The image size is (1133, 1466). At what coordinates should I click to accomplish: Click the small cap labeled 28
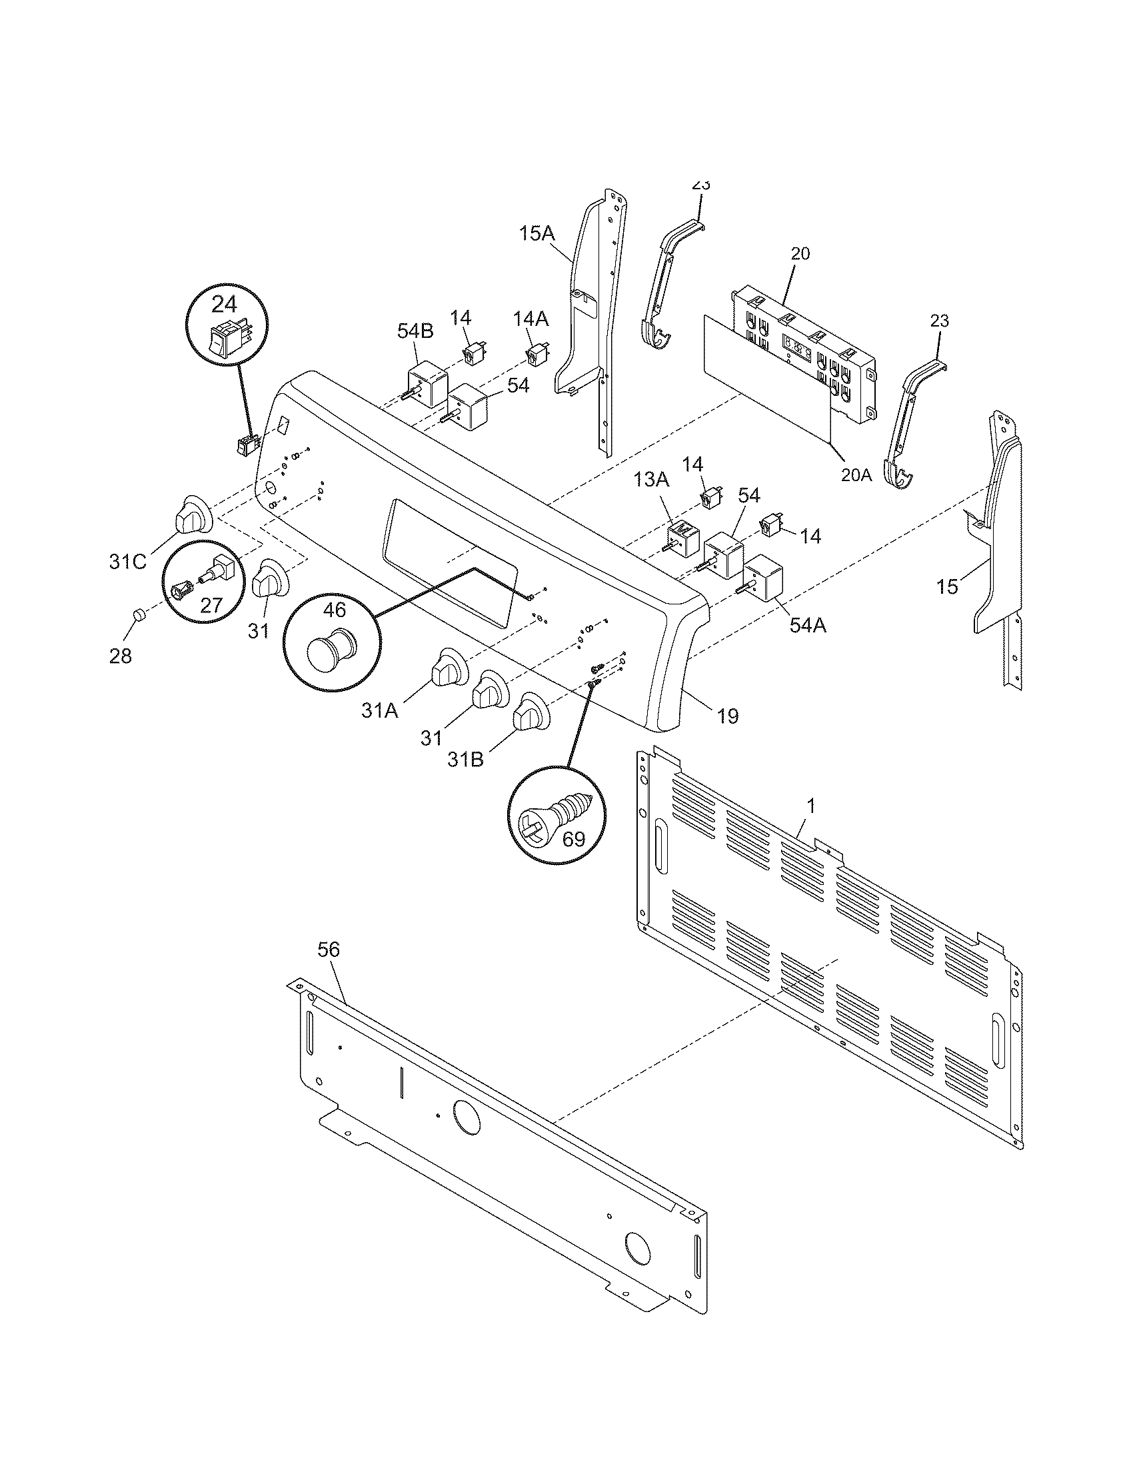[138, 616]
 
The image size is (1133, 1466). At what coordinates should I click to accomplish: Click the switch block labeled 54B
[426, 384]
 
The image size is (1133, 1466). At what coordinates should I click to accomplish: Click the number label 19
[728, 716]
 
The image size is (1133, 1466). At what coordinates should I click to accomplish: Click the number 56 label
[328, 949]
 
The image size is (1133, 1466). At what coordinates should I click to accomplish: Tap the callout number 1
[811, 806]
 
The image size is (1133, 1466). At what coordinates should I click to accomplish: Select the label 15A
[537, 234]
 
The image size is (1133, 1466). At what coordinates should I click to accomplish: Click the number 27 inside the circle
[211, 605]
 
